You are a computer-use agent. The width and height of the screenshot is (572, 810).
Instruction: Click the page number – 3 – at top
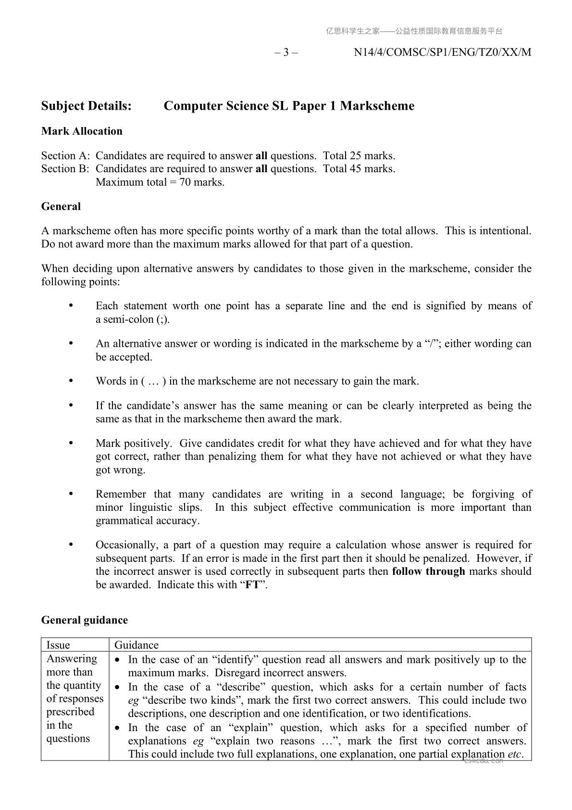tap(286, 52)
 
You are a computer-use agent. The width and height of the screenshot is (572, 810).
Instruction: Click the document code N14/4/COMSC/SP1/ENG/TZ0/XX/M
tap(442, 52)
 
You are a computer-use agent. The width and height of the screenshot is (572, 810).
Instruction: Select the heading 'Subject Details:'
tap(87, 106)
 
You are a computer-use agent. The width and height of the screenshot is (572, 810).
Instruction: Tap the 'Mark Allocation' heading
tap(82, 131)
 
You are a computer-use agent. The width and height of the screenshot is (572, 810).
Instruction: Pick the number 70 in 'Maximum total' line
tap(185, 182)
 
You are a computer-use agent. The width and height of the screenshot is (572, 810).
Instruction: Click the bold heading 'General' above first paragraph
tap(61, 206)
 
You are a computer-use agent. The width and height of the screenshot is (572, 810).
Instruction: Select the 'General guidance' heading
tap(85, 620)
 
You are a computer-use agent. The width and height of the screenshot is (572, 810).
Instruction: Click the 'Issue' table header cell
tap(58, 645)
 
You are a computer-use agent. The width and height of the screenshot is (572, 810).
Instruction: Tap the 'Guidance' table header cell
tap(137, 645)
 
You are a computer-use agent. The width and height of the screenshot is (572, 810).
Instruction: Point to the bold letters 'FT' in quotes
tap(252, 585)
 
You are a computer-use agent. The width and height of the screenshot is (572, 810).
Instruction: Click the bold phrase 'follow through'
tap(429, 571)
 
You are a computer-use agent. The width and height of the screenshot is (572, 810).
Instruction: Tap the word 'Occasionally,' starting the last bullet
tap(126, 545)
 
